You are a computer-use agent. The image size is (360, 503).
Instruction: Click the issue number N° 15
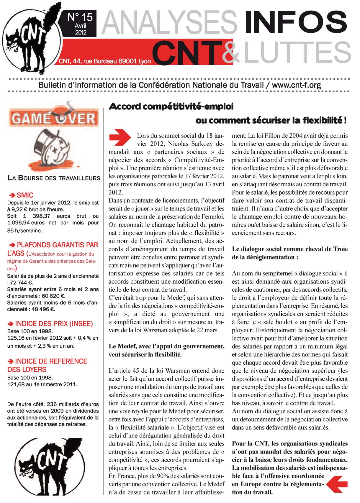click(x=80, y=17)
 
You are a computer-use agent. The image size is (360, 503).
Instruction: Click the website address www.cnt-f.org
click(x=296, y=86)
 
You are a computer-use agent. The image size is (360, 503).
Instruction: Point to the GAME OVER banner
click(x=53, y=118)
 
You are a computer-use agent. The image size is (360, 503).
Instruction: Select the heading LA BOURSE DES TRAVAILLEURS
click(x=54, y=178)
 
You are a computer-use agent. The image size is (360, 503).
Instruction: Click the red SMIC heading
click(x=25, y=195)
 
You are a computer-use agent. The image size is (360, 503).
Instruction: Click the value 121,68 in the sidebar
click(x=16, y=384)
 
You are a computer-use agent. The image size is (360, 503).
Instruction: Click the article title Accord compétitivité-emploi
click(x=171, y=106)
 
